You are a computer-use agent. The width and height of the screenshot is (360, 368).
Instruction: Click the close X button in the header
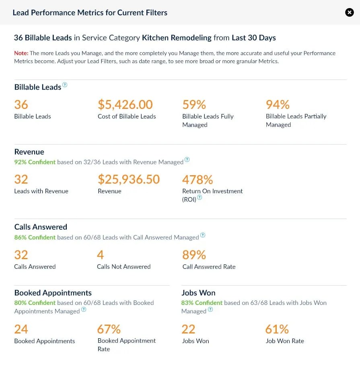tap(350, 12)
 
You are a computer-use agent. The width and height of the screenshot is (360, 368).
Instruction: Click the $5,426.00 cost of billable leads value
tap(125, 105)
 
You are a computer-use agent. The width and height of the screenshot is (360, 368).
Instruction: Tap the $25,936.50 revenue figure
tap(129, 179)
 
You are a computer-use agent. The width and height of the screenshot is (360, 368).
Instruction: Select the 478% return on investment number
tap(197, 179)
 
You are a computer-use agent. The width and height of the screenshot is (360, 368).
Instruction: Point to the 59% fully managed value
tap(194, 105)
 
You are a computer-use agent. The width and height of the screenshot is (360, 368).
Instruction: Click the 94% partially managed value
tap(278, 105)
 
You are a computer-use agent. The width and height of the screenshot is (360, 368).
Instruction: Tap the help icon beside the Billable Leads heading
tap(65, 85)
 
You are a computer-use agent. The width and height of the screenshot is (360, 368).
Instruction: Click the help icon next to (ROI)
tap(200, 198)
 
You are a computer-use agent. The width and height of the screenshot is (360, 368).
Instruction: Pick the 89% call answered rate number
tap(194, 255)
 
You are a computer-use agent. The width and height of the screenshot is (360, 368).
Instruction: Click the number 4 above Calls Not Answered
tap(100, 255)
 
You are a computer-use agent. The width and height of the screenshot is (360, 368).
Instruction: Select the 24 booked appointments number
tap(21, 329)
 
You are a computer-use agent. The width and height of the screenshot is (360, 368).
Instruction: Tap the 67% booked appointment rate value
tap(109, 329)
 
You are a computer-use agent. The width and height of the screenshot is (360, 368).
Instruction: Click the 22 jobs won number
tap(188, 329)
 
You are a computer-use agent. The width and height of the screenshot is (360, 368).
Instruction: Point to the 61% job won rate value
tap(277, 329)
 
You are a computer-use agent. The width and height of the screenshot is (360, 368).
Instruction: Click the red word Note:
tap(21, 53)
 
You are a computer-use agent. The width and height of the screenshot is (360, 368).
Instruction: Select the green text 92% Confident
tap(35, 162)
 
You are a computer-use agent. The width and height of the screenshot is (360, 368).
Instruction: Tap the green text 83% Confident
tap(202, 303)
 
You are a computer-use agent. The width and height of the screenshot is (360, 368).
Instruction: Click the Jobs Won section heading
tap(198, 293)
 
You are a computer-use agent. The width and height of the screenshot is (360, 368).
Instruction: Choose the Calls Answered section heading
tap(41, 227)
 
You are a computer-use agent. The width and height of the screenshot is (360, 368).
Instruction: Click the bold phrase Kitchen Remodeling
tap(177, 38)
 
